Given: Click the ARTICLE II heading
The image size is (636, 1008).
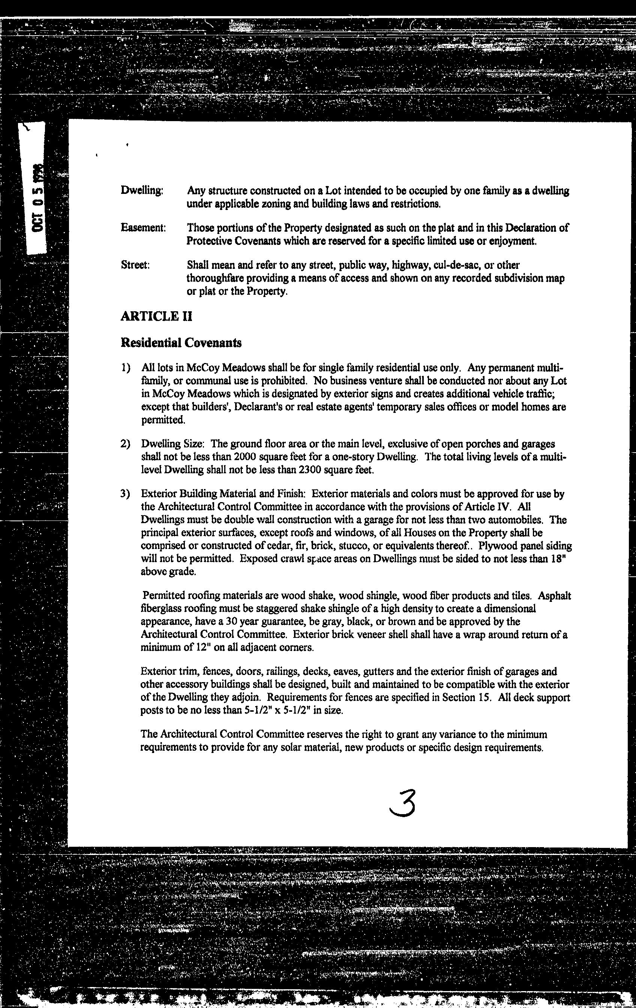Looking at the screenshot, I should pos(156,316).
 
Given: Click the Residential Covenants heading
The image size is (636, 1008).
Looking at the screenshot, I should pos(181,343).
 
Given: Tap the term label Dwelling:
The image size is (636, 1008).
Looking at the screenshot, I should pos(141,190).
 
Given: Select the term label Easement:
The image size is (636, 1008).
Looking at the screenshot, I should pos(143,228).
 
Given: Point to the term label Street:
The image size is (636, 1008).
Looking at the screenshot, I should pos(135,265).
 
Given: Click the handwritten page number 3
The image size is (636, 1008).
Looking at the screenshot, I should pos(403,803).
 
